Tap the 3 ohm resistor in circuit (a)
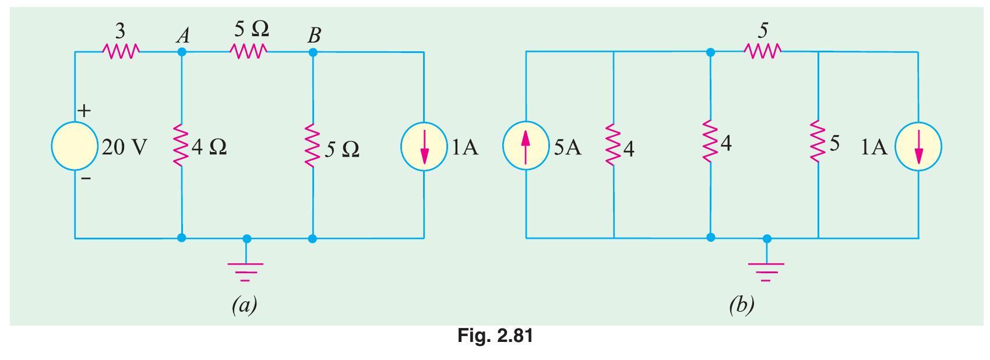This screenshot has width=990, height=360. click(121, 51)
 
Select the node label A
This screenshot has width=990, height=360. click(183, 36)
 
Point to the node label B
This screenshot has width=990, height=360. click(314, 35)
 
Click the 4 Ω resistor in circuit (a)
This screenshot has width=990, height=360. click(181, 145)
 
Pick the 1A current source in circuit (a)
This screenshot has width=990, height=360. click(424, 147)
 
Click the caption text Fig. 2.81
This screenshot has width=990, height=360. click(495, 336)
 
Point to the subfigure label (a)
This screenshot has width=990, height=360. click(244, 305)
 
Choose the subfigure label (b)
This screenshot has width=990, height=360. click(742, 305)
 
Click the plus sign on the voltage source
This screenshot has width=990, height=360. click(84, 111)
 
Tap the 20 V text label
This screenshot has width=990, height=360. click(125, 147)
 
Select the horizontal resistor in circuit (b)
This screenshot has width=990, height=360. click(763, 51)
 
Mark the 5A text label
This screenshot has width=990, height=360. click(568, 147)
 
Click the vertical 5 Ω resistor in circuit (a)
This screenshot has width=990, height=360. click(312, 145)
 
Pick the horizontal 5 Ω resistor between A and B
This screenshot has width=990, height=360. click(248, 51)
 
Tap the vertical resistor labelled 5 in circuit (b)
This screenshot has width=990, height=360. click(818, 142)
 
